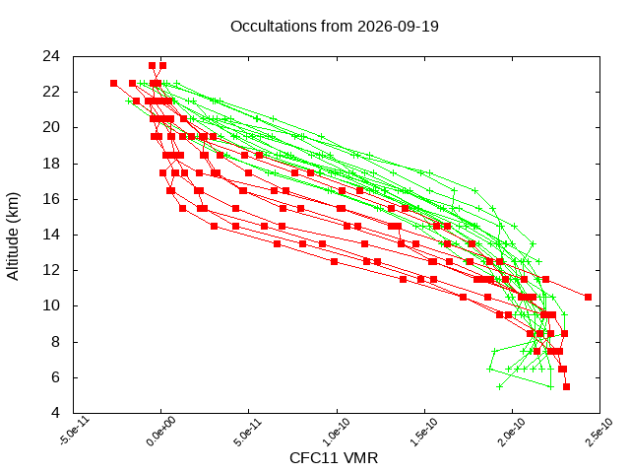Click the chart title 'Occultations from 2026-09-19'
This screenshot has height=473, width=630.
coord(335,27)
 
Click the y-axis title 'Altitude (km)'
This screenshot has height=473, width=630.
coord(13,236)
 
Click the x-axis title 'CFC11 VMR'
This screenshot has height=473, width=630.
coord(334,457)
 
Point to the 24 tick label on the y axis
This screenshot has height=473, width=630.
coord(51,56)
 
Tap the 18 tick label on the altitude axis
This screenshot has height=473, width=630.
coord(51,164)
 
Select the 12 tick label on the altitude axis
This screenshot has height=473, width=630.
coord(51,270)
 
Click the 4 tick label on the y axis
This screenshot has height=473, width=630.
coord(55,413)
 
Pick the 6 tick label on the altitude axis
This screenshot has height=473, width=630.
coord(55,377)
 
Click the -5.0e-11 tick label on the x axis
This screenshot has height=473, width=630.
coord(75,431)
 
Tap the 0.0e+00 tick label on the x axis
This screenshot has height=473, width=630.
coord(160,432)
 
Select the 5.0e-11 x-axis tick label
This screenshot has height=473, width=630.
coord(248,432)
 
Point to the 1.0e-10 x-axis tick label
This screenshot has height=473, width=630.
coord(336,432)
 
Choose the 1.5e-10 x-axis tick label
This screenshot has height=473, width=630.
coord(423,432)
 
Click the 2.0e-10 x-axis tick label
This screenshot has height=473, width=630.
coord(511,432)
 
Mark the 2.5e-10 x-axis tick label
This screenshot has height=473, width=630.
coord(598,432)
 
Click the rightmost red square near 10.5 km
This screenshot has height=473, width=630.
coord(588,297)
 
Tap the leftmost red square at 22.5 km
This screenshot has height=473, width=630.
coord(114,83)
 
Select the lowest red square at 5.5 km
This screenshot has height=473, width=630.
coord(566,386)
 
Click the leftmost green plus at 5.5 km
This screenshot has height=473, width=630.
coord(499,386)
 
